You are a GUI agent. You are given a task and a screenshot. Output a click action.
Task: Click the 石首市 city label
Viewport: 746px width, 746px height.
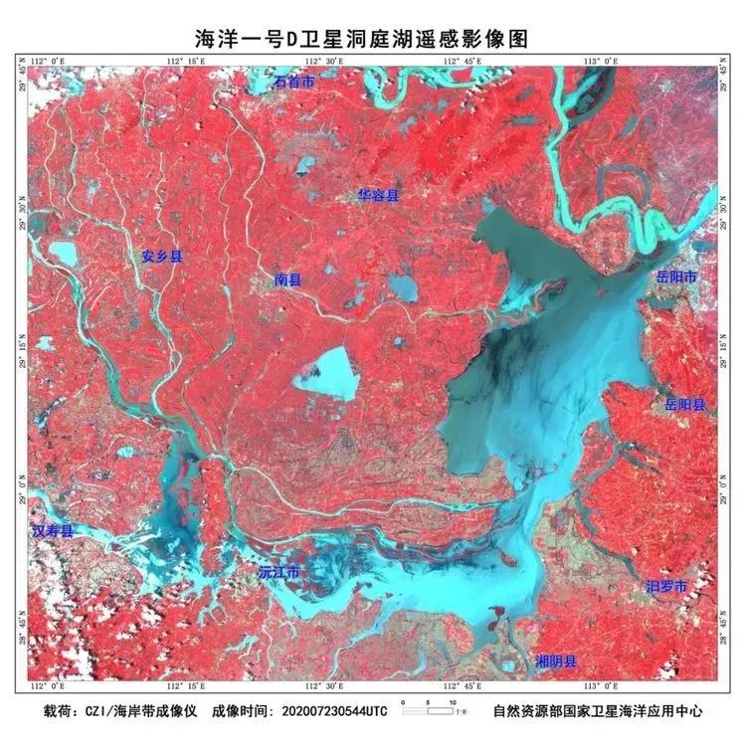pyautogui.click(x=294, y=83)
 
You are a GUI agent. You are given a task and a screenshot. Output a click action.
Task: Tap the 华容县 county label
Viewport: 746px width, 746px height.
pyautogui.click(x=378, y=196)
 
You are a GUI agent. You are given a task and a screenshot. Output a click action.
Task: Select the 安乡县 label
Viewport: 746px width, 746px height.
pyautogui.click(x=162, y=256)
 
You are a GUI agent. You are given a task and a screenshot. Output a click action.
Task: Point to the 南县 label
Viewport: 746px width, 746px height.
pyautogui.click(x=287, y=280)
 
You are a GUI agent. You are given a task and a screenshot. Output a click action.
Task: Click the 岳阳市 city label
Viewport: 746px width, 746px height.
pyautogui.click(x=677, y=276)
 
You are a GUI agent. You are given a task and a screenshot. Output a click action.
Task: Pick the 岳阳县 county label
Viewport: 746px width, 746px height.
pyautogui.click(x=685, y=405)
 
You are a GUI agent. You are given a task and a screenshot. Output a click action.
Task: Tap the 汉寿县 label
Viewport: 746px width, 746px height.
pyautogui.click(x=53, y=532)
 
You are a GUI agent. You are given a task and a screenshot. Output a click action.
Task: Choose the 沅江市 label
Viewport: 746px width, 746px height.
pyautogui.click(x=279, y=574)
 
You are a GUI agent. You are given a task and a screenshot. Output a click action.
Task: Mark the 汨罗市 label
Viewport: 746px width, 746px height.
pyautogui.click(x=665, y=588)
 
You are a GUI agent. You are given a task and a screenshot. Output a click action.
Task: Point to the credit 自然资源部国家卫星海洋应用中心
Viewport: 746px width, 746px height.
pyautogui.click(x=599, y=712)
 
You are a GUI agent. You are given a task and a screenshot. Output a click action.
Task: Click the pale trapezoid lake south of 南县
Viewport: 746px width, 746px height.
pyautogui.click(x=325, y=373)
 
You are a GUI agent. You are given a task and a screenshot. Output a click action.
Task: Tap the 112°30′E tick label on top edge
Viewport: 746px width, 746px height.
pyautogui.click(x=325, y=61)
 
